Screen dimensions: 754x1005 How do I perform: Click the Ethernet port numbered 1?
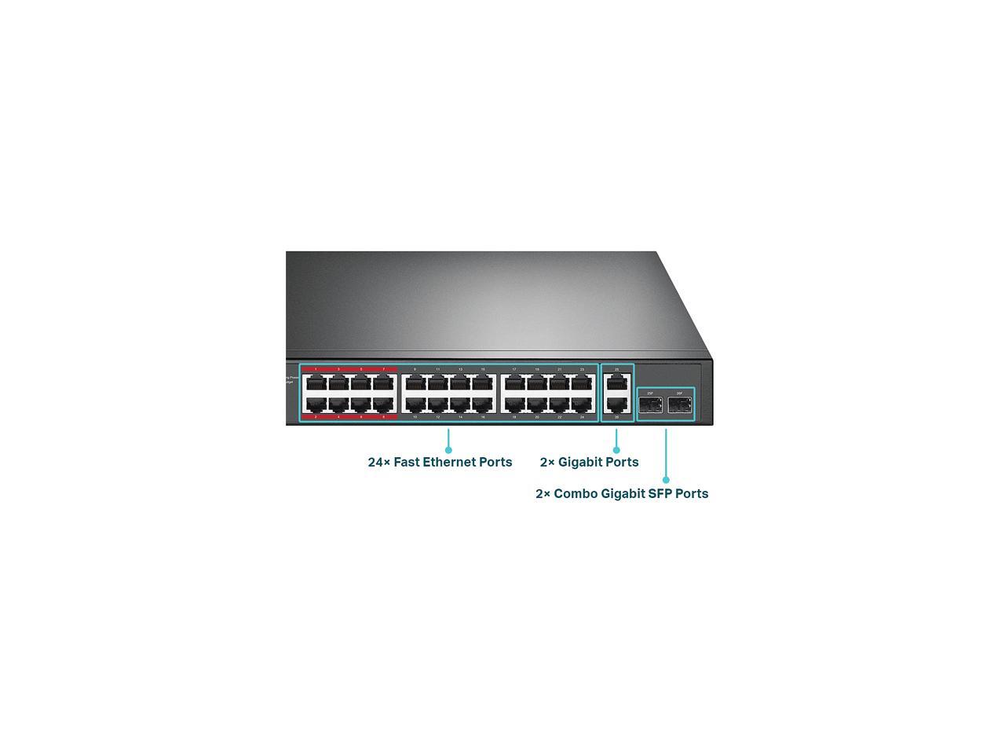(x=316, y=383)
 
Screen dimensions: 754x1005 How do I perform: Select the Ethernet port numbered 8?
(x=383, y=405)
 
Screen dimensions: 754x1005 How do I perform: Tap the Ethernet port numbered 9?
(x=415, y=383)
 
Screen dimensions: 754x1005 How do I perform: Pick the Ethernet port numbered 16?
(x=483, y=405)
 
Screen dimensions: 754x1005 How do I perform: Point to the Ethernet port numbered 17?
(x=514, y=383)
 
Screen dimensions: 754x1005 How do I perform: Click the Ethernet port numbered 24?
(x=582, y=405)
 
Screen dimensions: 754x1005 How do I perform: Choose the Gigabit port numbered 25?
(x=617, y=383)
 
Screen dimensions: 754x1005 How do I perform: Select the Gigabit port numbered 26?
(x=617, y=405)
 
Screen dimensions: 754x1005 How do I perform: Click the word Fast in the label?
(x=406, y=462)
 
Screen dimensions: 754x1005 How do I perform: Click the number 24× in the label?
(x=378, y=462)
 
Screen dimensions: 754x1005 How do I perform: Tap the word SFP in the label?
(x=661, y=493)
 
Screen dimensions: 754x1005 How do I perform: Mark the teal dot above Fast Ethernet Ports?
(x=448, y=450)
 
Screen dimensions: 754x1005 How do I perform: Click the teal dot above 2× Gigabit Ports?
(x=616, y=450)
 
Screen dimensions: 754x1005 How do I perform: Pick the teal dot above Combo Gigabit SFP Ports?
(x=666, y=479)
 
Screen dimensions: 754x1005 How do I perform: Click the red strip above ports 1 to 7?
(x=349, y=368)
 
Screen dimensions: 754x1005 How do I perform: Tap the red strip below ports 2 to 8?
(x=349, y=417)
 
